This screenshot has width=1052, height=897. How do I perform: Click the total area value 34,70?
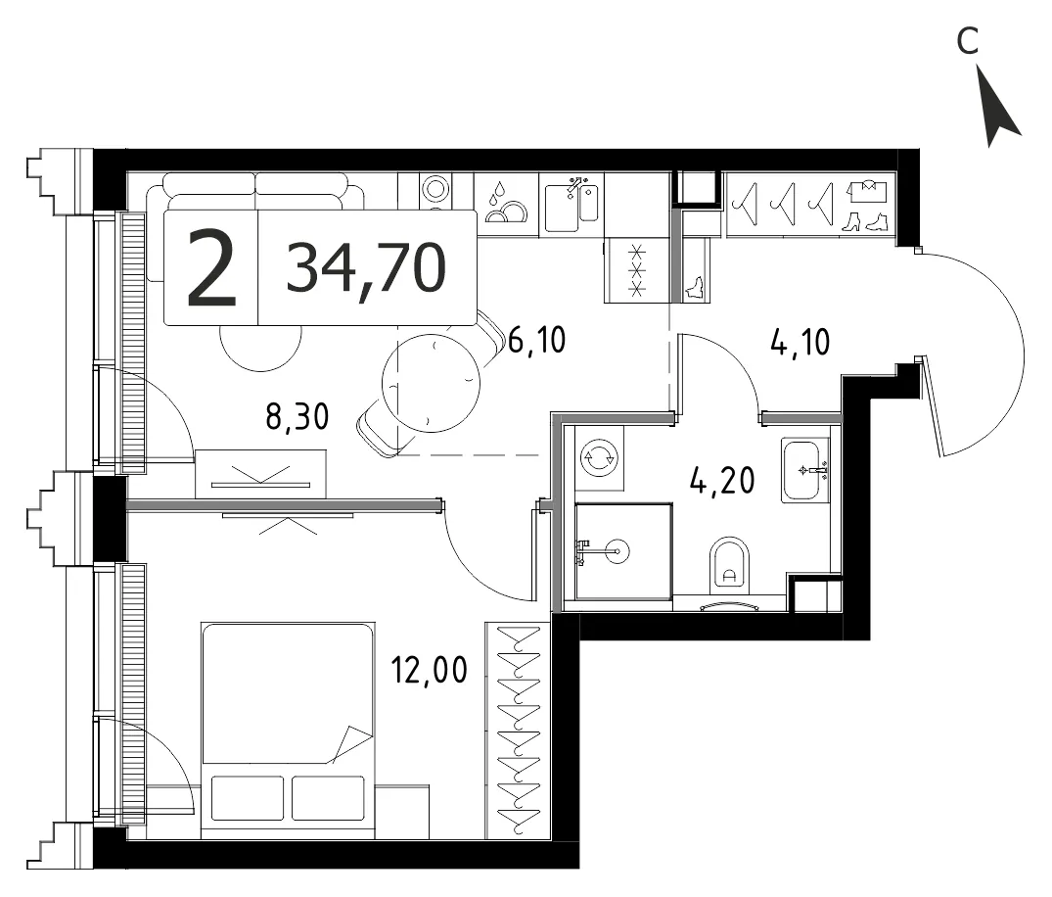coord(366,268)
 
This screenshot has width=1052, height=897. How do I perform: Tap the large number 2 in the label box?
coord(212,268)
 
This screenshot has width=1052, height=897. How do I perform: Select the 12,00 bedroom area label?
coord(430,670)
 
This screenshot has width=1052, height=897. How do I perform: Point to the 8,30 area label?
coord(297,416)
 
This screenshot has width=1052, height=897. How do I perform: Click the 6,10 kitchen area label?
coord(536,340)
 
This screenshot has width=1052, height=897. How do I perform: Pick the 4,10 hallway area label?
coord(800,343)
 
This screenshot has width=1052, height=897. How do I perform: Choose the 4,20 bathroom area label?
coord(722,481)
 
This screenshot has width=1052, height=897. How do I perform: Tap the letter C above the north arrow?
coord(968,41)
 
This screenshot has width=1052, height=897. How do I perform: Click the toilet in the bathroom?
coord(729,566)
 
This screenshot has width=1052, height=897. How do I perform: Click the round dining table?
coord(431,383)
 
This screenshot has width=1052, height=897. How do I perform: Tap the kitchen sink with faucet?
coord(572,205)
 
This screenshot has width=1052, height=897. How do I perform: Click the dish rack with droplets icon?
coord(506,204)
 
